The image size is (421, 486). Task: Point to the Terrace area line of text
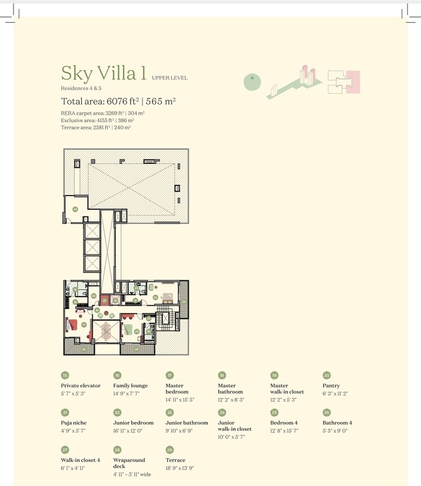coord(96,128)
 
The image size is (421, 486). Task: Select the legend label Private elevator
coord(81,386)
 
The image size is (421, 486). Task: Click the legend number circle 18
coord(222,375)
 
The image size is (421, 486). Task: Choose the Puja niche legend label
coord(74,423)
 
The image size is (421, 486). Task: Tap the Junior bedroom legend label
coord(133,423)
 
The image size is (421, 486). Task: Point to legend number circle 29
coord(170,449)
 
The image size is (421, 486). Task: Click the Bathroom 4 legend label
coord(337,423)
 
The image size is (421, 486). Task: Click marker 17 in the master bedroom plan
coord(84,325)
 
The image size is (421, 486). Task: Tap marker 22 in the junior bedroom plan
coord(155,297)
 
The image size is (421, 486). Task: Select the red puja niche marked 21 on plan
coord(104,301)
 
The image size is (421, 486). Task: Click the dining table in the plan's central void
coord(106,331)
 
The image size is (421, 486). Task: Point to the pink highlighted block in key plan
coord(353,81)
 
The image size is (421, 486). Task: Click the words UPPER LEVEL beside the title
coord(170,78)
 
